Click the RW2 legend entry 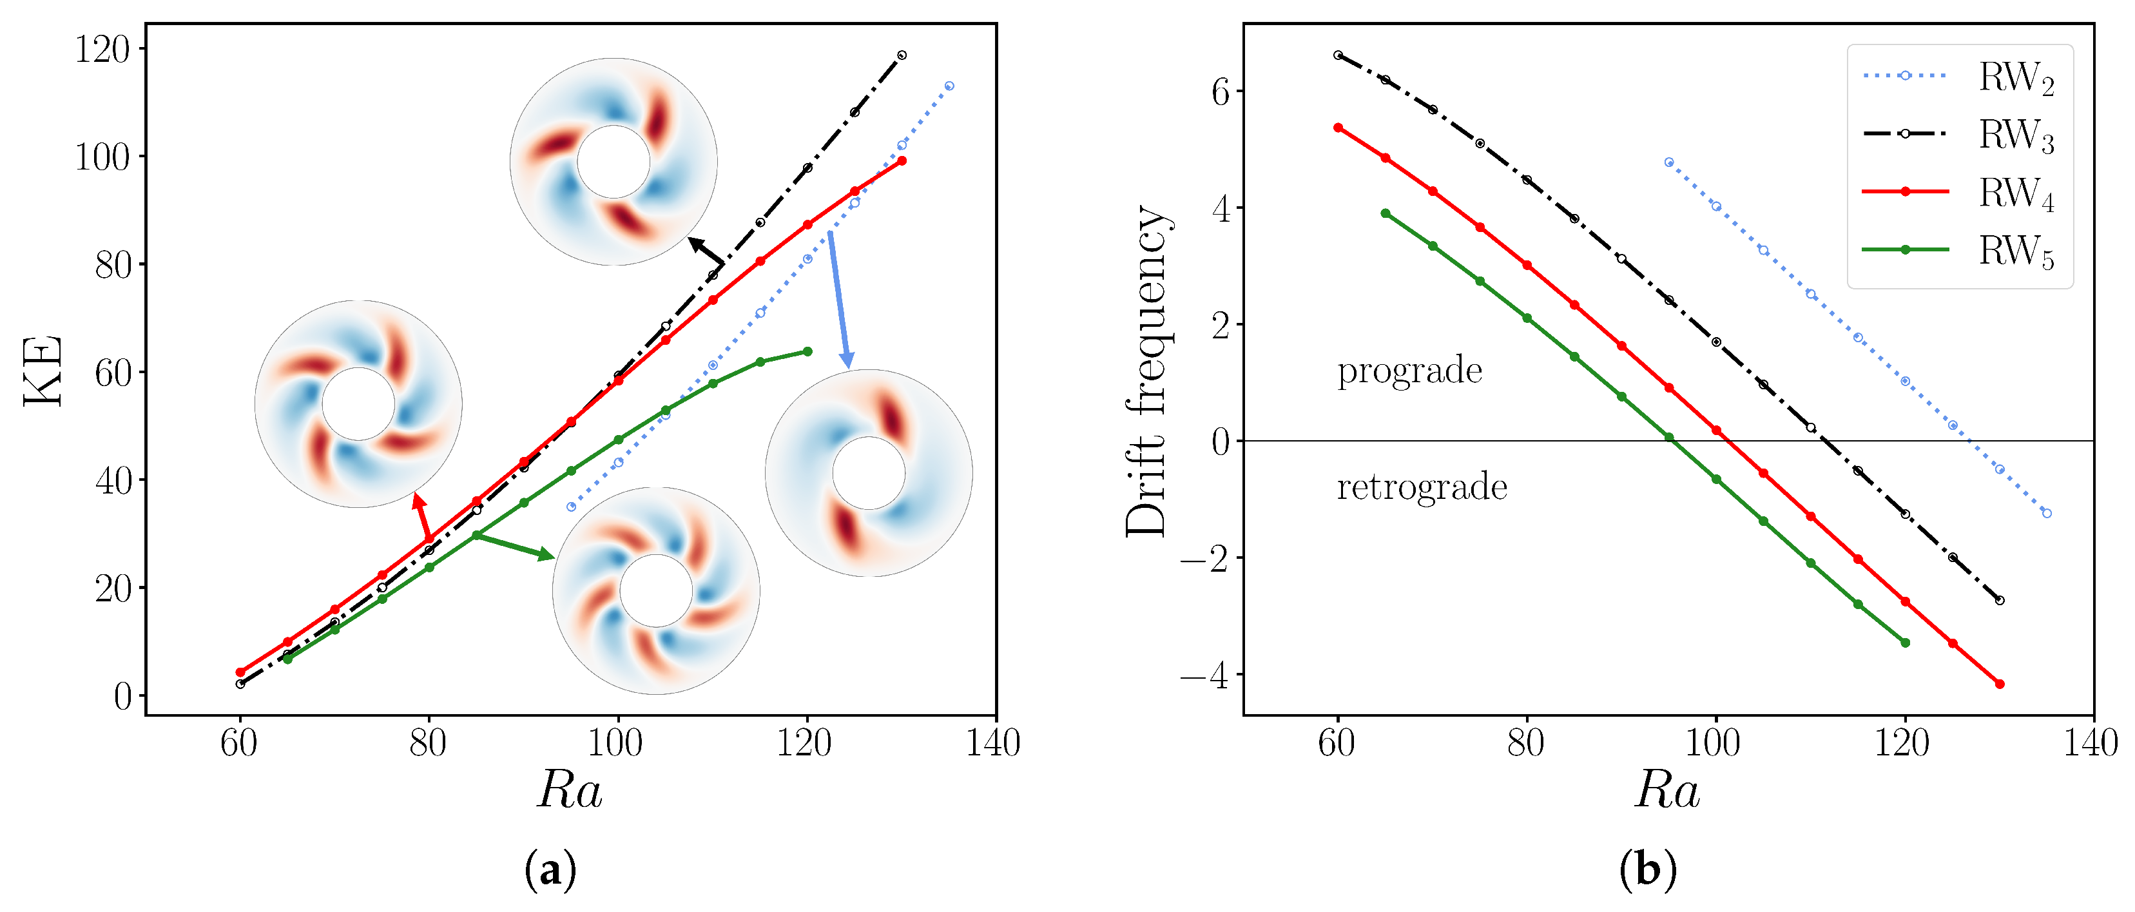(2016, 77)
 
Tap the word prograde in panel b (1409, 371)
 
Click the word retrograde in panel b (1422, 487)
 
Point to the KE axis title (43, 371)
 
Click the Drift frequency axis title (1148, 371)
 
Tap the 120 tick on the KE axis (102, 50)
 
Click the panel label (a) (550, 871)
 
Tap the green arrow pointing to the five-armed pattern (514, 545)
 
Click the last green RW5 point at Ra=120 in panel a (807, 351)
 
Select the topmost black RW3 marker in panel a (902, 55)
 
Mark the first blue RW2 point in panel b (1668, 162)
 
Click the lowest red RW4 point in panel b (1999, 684)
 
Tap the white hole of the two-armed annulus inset (868, 472)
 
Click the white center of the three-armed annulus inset (613, 162)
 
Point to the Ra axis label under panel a (570, 790)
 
